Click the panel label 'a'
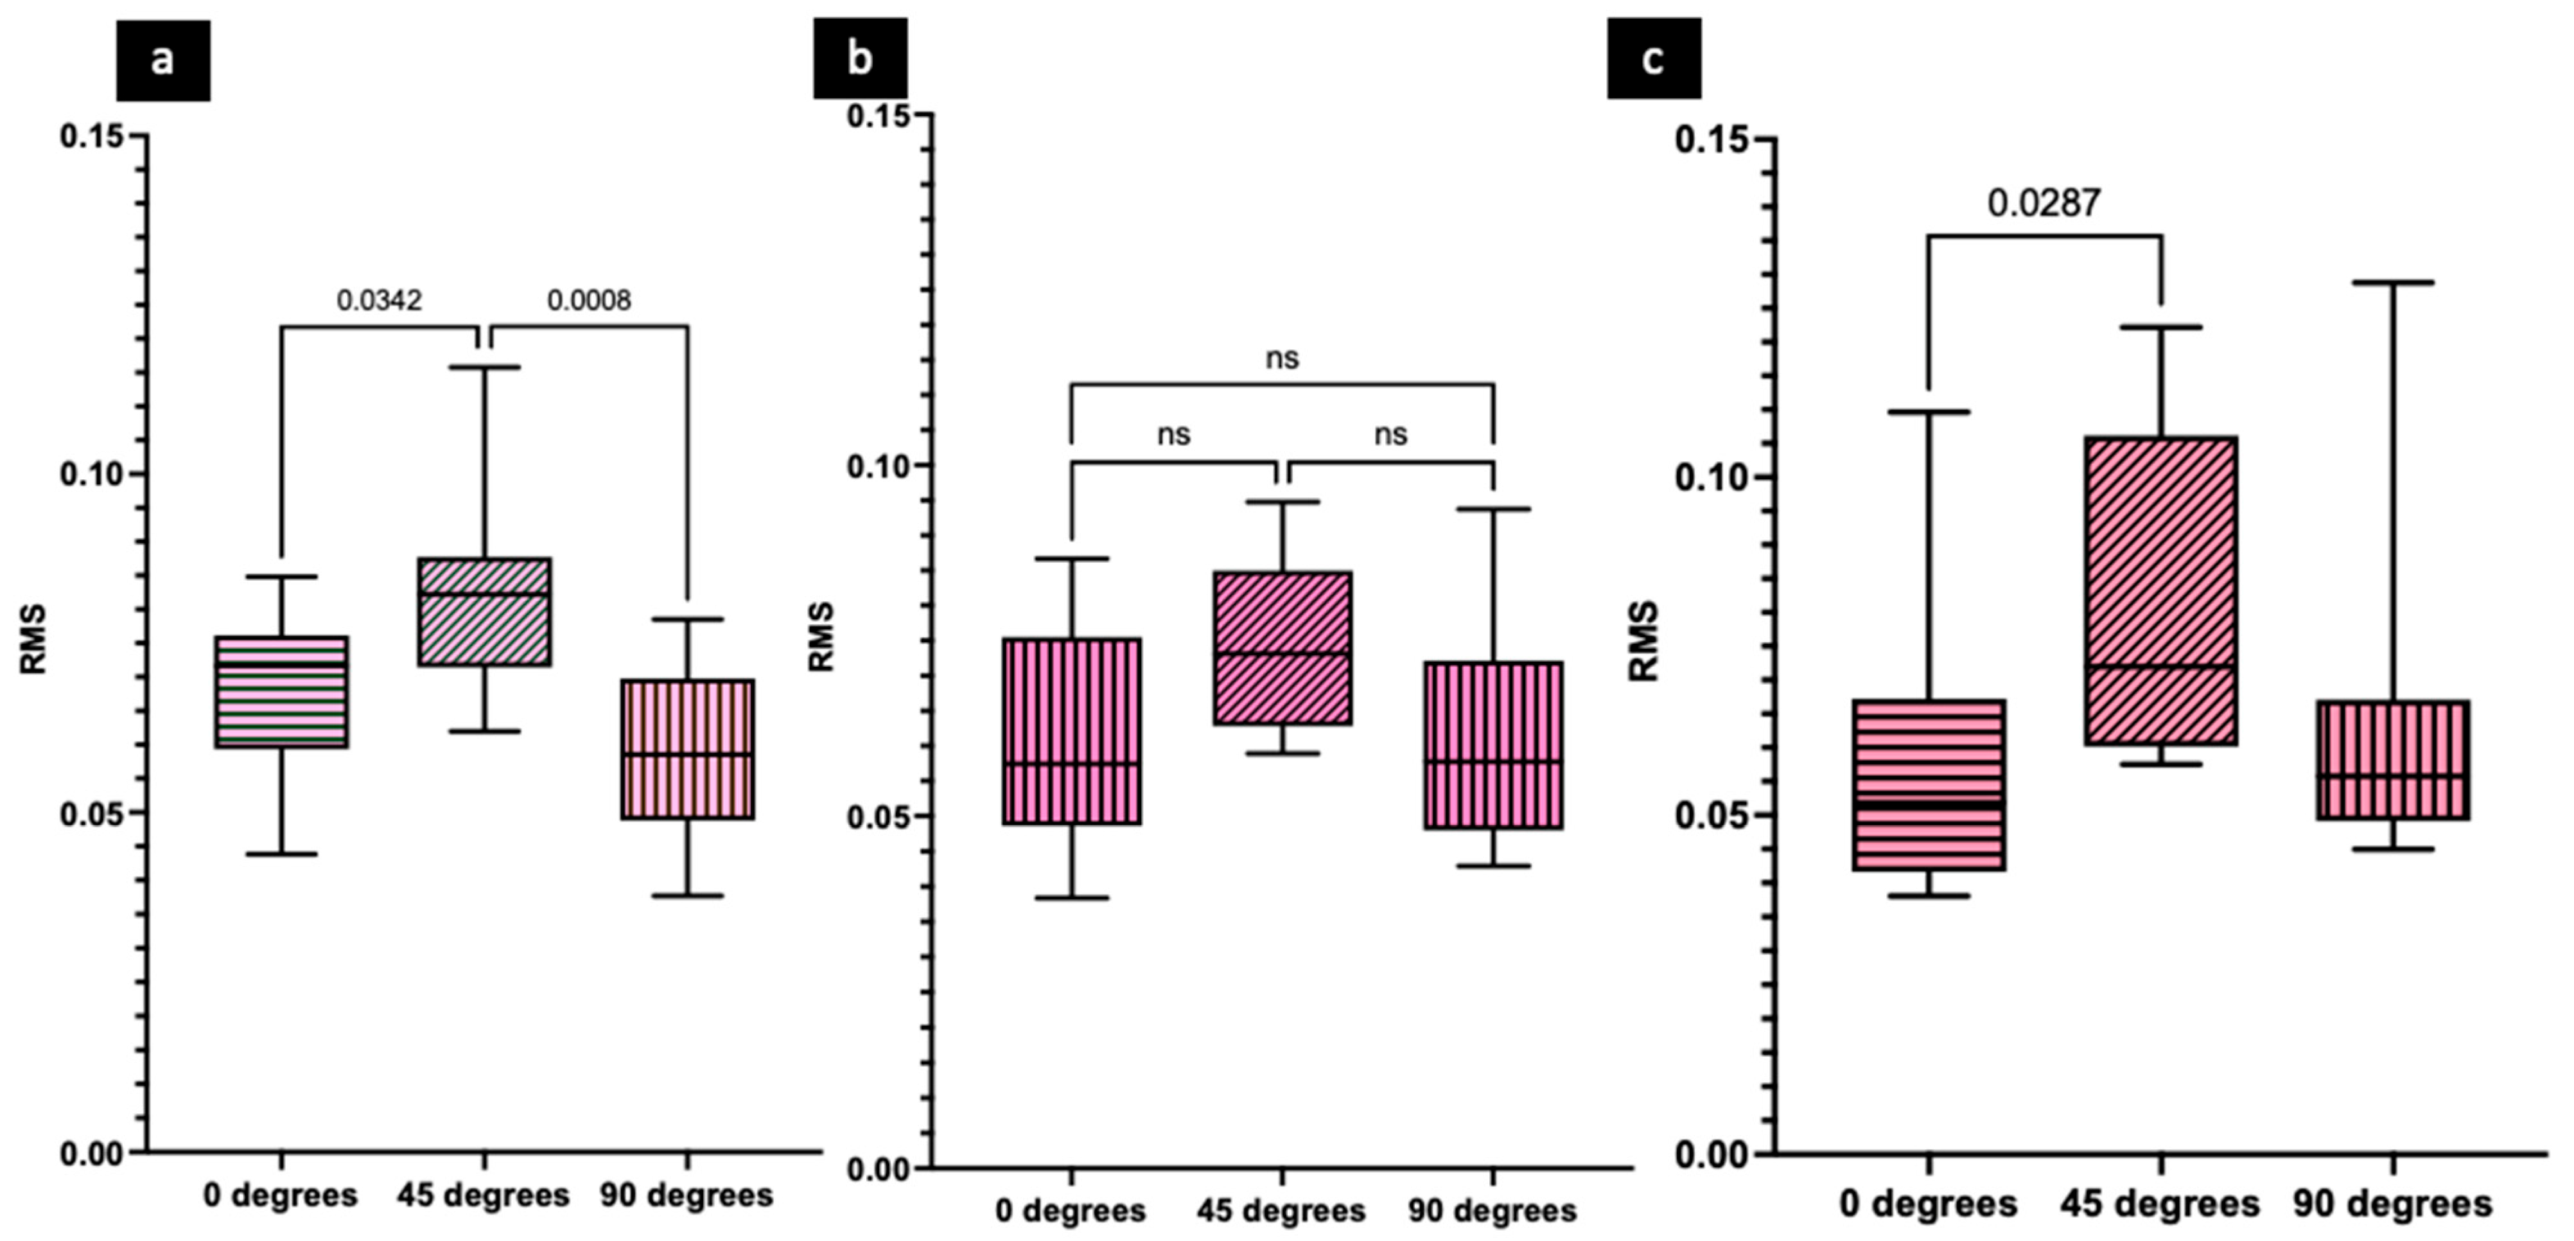tap(163, 60)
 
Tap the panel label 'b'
tap(859, 58)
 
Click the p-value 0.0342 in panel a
tap(379, 300)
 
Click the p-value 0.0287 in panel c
tap(2044, 204)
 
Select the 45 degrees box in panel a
tap(485, 612)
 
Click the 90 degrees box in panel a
tap(687, 750)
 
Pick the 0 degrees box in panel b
tap(1072, 732)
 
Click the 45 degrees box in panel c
tap(2160, 590)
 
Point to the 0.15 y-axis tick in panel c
tap(1711, 139)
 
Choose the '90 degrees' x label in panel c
tap(2392, 1204)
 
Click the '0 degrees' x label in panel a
tap(281, 1195)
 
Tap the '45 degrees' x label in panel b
tap(1281, 1211)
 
